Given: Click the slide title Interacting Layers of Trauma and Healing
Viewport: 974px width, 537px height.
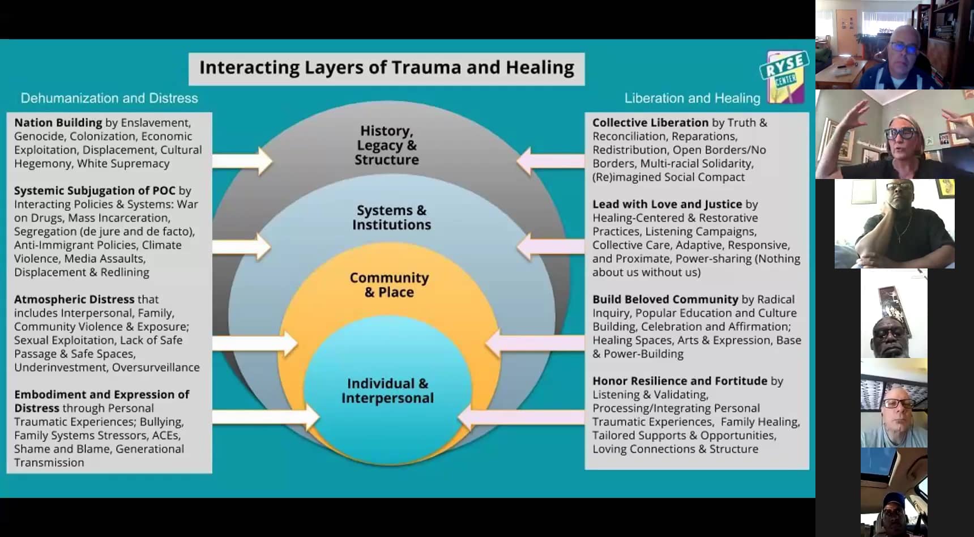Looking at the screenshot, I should point(386,68).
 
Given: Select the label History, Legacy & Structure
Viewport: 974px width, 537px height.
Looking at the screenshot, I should point(387,145).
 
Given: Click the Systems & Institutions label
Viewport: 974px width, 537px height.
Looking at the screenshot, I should point(391,218).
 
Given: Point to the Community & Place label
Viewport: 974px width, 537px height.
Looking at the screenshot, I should point(389,284).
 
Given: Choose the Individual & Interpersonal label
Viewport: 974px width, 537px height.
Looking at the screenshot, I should point(387,390).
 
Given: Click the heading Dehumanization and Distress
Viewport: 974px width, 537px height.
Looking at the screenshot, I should point(109,98).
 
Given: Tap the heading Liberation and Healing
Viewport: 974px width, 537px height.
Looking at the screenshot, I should point(692,98).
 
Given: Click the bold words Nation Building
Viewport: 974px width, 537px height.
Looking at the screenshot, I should point(58,122).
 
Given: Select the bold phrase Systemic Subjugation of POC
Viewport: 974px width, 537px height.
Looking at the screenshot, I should point(95,190).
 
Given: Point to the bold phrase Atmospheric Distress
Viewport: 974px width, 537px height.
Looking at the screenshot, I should point(74,299).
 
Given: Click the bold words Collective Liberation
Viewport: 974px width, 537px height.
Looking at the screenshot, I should point(650,122).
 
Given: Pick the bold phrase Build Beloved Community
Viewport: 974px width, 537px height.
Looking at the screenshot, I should point(665,299).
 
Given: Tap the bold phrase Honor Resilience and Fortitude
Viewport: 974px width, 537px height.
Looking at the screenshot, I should point(680,381).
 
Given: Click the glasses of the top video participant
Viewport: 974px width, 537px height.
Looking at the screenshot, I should point(904,48).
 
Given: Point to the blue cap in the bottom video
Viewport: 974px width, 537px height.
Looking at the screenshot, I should point(894,500).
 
